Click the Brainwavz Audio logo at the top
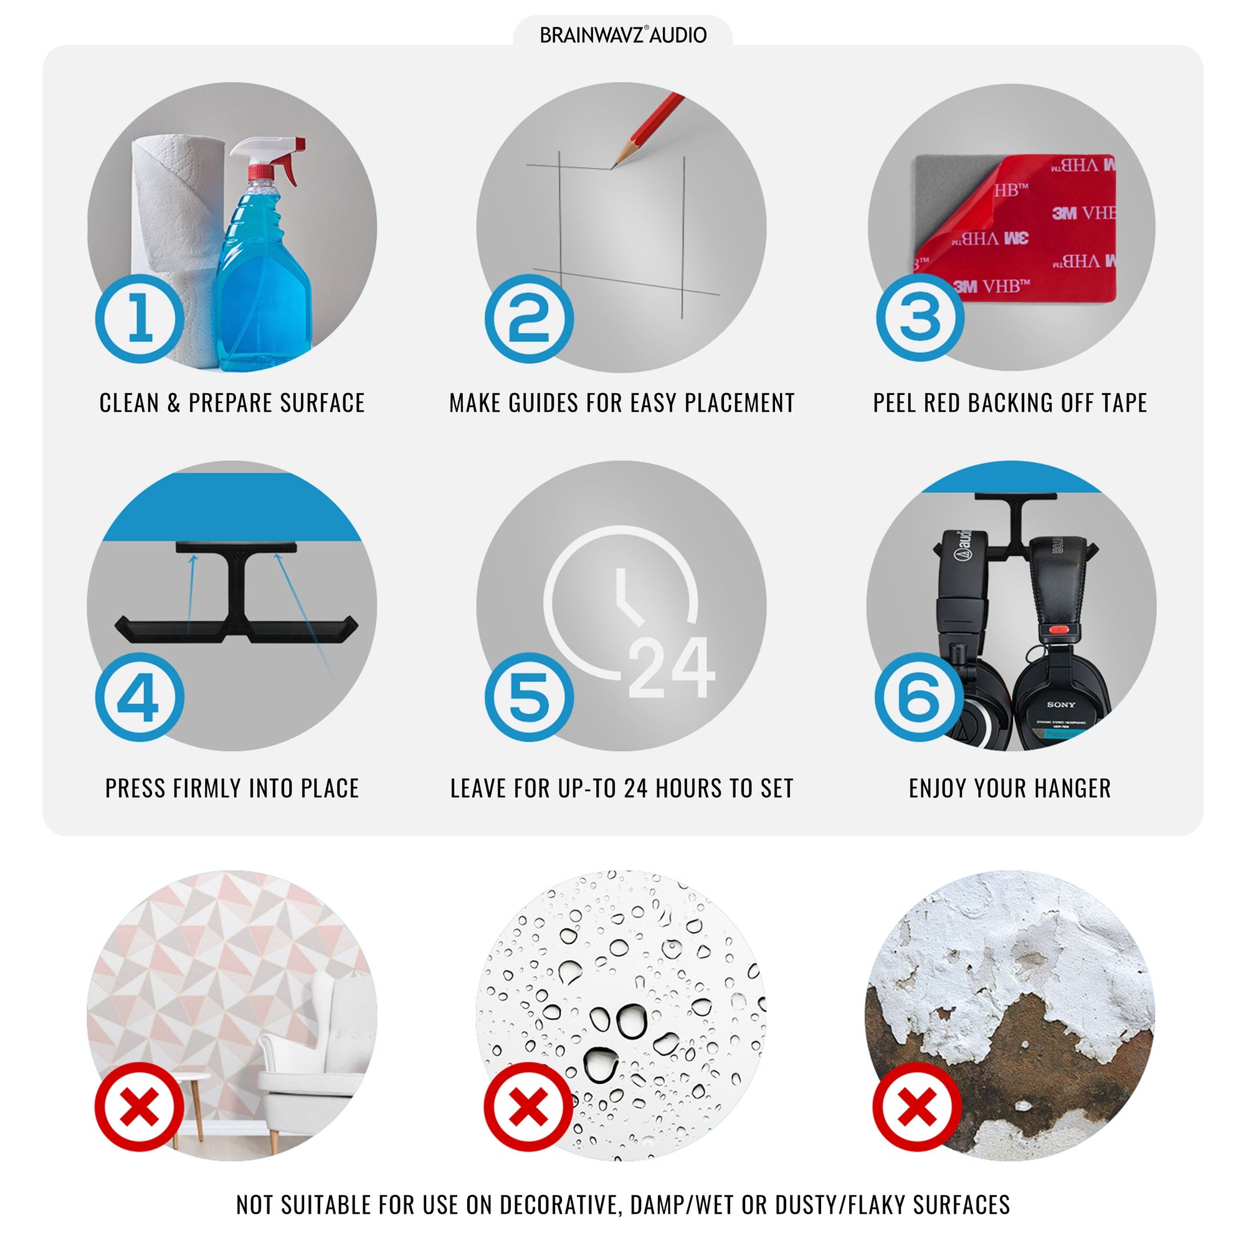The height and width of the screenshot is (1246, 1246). click(623, 35)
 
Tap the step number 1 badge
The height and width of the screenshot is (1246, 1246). click(140, 318)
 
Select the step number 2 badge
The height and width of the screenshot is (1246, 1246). click(530, 318)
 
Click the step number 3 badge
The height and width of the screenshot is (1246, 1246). click(920, 316)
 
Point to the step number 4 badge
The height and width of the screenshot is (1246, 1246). click(140, 697)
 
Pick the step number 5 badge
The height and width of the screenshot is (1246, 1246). click(530, 697)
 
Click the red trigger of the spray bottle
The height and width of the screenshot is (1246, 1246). click(288, 166)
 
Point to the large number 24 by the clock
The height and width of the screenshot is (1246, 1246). click(671, 668)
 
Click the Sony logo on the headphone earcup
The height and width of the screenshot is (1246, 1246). click(1061, 705)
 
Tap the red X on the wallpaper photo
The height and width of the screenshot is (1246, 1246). click(140, 1106)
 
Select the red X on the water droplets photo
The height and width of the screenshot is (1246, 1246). click(529, 1106)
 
